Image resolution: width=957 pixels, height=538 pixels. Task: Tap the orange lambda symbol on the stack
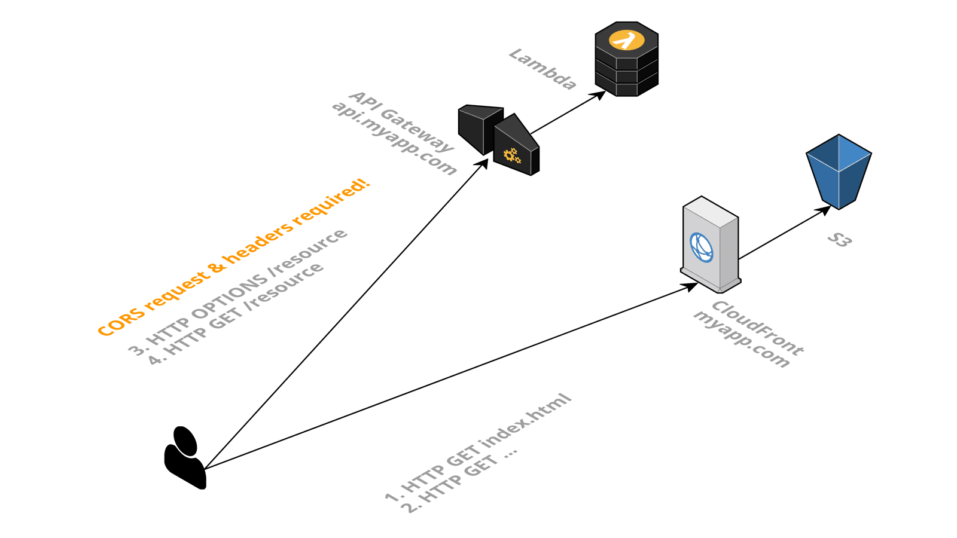tap(626, 41)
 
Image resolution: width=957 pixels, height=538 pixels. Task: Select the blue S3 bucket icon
tap(839, 171)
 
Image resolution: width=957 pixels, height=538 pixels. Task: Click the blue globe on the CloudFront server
tap(701, 247)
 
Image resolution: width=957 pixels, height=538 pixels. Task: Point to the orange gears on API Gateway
tap(512, 155)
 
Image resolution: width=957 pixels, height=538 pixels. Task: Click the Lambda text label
tap(542, 69)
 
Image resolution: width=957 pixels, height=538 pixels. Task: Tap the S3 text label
tap(839, 240)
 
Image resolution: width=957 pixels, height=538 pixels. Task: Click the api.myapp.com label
tap(394, 138)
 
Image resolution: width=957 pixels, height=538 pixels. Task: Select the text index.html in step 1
tap(526, 421)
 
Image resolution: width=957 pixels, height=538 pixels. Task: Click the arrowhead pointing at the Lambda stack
tap(599, 94)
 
